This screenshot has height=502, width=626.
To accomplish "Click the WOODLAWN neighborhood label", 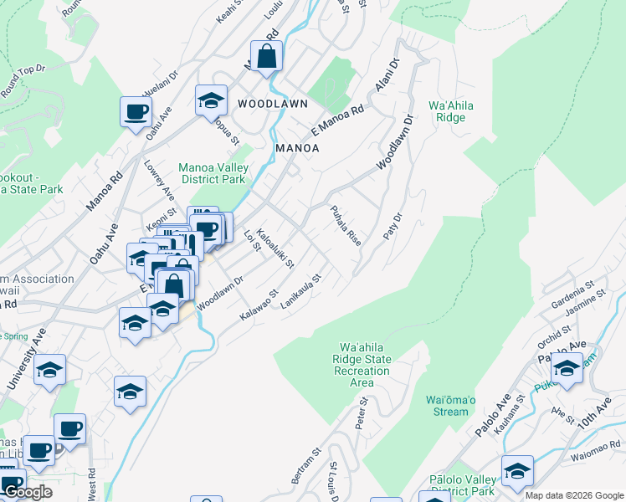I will (272, 104).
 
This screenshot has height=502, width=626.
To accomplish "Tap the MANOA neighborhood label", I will (297, 148).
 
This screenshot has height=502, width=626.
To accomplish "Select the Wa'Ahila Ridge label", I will (453, 112).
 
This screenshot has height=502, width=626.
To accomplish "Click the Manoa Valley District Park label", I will (213, 173).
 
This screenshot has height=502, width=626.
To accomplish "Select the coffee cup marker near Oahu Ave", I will (136, 111).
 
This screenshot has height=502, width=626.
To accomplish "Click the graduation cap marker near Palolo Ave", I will (567, 369).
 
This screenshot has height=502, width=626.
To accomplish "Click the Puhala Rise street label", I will (346, 225).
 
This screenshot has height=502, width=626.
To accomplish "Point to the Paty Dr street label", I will (393, 227).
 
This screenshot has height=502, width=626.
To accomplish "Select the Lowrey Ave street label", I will (159, 180).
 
